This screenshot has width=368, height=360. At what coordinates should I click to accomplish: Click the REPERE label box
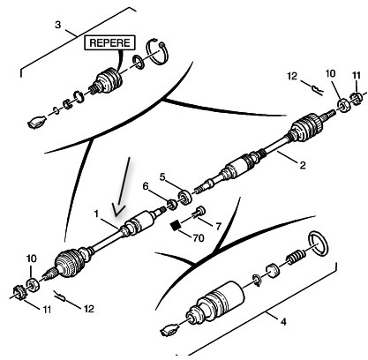[109, 42]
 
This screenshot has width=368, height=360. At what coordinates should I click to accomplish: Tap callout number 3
[58, 25]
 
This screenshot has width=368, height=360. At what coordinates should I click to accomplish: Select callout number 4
[283, 322]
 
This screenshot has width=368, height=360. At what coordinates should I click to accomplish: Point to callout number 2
[303, 165]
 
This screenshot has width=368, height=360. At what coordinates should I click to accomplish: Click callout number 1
[96, 214]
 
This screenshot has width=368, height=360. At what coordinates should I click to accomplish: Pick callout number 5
[162, 176]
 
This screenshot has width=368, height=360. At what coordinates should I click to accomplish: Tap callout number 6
[146, 186]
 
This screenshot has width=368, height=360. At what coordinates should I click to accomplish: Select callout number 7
[218, 226]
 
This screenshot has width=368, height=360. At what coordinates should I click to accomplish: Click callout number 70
[199, 237]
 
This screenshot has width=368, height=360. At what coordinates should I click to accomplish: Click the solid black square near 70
[176, 226]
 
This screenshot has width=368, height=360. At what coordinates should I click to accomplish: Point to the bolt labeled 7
[199, 213]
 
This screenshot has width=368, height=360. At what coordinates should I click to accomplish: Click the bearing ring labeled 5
[184, 198]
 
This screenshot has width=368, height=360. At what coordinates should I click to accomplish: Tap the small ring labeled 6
[172, 204]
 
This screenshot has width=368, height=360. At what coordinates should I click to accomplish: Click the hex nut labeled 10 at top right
[342, 105]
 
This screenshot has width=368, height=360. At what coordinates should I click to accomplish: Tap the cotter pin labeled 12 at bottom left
[60, 296]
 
